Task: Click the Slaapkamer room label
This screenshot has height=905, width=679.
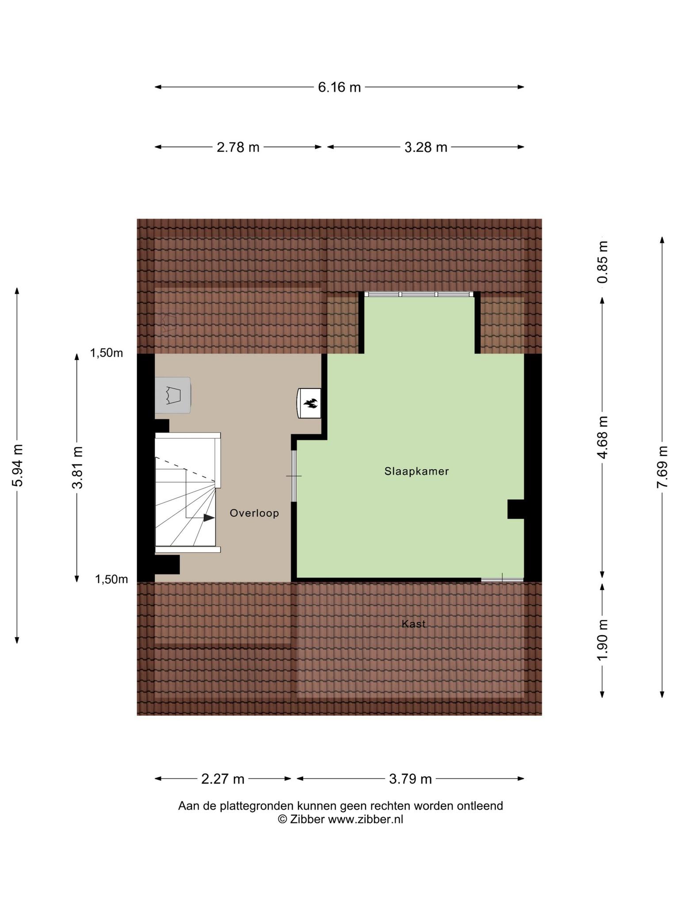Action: (x=416, y=472)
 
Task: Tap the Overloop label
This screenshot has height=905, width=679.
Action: (x=254, y=513)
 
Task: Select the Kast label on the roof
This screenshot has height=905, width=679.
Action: (x=414, y=624)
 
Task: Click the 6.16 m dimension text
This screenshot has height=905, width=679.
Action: (x=339, y=87)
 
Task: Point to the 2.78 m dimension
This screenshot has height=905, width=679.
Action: (x=238, y=147)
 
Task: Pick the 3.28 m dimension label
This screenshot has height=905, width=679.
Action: (x=426, y=147)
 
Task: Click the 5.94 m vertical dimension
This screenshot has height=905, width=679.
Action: (x=18, y=465)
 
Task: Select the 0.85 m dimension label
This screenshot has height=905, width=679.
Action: (x=603, y=262)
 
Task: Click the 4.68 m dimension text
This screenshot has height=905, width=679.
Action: (x=603, y=437)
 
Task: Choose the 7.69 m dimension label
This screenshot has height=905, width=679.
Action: (x=662, y=467)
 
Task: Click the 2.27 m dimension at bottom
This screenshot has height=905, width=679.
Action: (x=223, y=779)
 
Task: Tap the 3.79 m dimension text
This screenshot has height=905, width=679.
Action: (x=410, y=779)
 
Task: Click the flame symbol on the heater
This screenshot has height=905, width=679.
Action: (x=310, y=403)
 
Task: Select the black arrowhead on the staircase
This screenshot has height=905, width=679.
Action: (x=209, y=517)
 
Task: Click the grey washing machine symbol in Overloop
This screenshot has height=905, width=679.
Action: (x=173, y=395)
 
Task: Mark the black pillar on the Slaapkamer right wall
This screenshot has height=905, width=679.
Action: (x=516, y=509)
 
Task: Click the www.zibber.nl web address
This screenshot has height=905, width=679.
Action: (x=366, y=819)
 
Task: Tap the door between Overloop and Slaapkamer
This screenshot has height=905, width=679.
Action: (x=294, y=476)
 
